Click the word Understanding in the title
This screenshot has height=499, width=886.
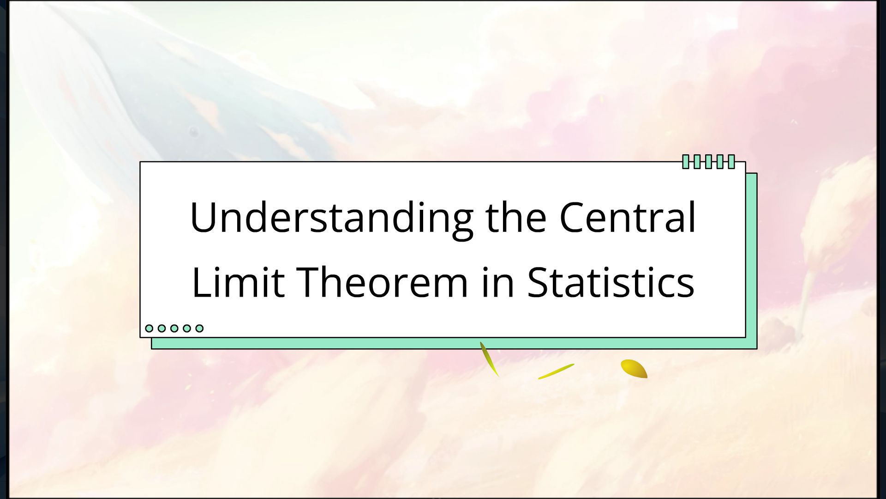click(331, 218)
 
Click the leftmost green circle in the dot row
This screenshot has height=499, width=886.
click(149, 328)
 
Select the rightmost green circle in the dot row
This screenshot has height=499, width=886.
click(199, 328)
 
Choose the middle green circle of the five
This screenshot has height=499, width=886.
click(174, 328)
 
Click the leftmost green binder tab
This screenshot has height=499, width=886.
click(686, 162)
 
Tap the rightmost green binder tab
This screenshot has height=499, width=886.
click(731, 162)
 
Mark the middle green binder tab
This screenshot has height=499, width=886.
click(708, 162)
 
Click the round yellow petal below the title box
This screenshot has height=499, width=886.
click(634, 369)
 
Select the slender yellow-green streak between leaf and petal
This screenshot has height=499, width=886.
click(556, 371)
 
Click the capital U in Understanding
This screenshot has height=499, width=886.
click(204, 217)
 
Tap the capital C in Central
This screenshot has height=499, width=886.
click(573, 217)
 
